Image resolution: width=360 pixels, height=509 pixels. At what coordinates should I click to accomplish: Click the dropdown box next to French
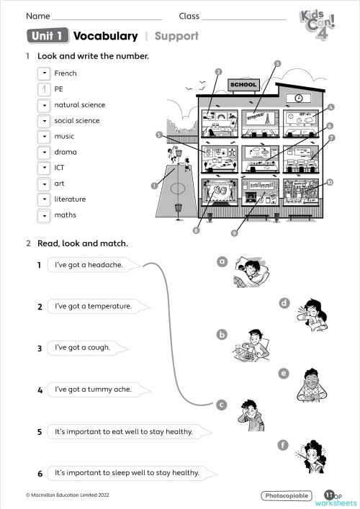tap(44, 73)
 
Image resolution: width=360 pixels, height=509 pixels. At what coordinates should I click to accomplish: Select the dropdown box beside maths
tap(44, 215)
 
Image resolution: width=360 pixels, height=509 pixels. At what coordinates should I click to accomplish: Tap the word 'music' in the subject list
tap(64, 137)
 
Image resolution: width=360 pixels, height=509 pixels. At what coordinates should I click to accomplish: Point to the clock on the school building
tap(299, 98)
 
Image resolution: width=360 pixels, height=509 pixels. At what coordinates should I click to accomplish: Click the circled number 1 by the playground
tap(153, 185)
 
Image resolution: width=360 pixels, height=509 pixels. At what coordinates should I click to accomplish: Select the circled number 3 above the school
tap(276, 63)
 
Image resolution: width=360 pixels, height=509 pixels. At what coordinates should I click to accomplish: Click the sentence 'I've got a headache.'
tap(89, 265)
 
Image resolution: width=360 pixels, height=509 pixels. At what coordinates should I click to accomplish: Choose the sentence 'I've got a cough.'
tap(83, 348)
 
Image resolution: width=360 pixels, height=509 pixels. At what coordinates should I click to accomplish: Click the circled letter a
tap(222, 262)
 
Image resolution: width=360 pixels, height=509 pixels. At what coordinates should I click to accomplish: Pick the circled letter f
tap(284, 446)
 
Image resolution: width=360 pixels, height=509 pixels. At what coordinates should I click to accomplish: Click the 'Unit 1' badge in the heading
tap(47, 36)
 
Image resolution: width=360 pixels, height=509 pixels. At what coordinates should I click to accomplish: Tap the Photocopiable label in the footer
tap(287, 496)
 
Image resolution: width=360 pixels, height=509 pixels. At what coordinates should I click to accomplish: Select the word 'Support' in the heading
tap(176, 36)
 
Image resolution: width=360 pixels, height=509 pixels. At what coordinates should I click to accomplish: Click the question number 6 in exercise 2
tap(40, 474)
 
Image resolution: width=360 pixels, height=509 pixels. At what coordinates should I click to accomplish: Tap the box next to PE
tap(44, 89)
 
